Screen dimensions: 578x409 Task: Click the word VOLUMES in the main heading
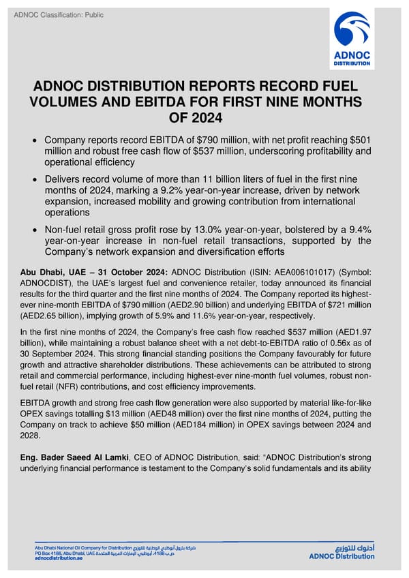click(67, 102)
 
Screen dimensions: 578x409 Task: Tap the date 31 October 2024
click(113, 271)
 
